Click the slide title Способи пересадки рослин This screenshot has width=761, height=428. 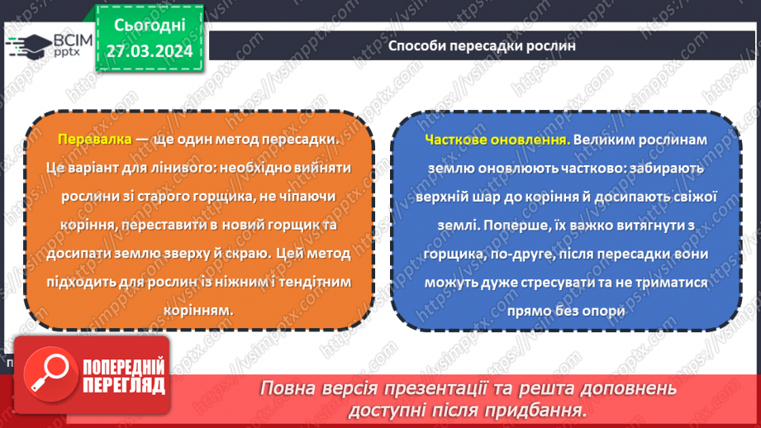(482, 46)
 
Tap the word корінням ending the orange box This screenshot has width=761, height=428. (198, 310)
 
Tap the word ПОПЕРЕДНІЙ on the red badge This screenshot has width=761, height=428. (123, 367)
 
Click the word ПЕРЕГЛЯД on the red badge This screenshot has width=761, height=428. (123, 385)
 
